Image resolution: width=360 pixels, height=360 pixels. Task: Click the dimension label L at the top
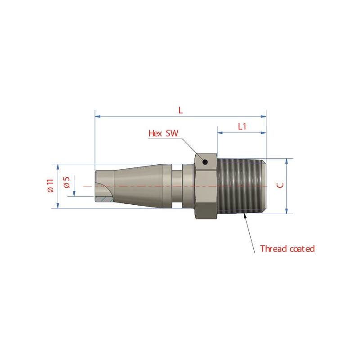181,110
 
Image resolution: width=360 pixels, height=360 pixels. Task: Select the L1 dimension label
242,126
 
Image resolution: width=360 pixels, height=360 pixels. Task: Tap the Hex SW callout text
163,133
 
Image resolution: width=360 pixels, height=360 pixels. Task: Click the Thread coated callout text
287,249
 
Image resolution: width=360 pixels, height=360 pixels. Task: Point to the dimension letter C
280,185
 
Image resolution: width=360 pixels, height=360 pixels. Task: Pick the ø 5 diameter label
66,183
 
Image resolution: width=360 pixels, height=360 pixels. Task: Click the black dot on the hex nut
205,162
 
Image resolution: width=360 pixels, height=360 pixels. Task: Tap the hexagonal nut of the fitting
206,186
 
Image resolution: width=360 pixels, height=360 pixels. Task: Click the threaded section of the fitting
242,186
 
